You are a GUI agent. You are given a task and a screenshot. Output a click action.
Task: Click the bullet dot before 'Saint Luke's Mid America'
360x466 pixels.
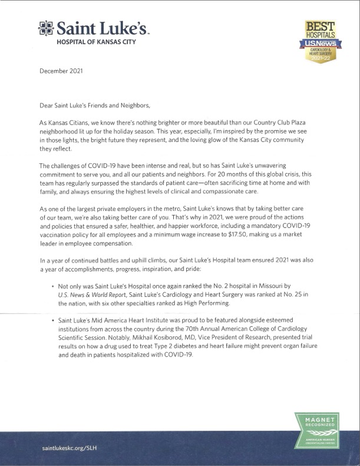(53, 319)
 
